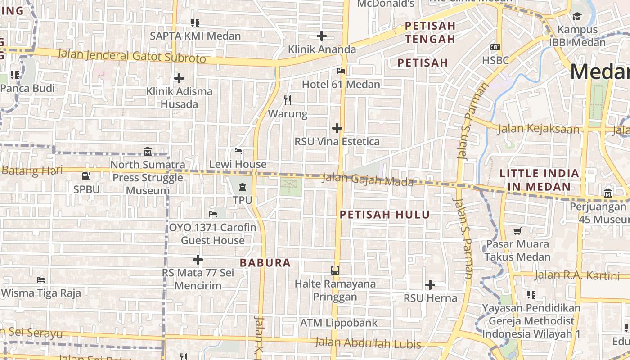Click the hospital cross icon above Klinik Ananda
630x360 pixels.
pos(321,36)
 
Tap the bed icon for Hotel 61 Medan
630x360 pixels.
pos(341,71)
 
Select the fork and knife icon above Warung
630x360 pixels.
pos(288,100)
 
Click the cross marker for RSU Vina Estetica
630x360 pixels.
pos(337,128)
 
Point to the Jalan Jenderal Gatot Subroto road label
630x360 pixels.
pos(132,56)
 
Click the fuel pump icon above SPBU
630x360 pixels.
pos(86,176)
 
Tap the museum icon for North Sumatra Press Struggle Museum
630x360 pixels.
pos(148,151)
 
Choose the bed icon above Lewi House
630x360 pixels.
pos(238,151)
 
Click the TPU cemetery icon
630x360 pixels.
pos(243,187)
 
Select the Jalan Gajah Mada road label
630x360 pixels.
pos(368,180)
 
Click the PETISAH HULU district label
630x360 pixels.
pos(385,215)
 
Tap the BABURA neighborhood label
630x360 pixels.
pos(265,263)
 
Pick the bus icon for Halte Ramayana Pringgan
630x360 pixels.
pos(335,270)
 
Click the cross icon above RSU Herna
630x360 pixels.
pos(430,285)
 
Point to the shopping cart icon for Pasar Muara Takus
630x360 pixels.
pos(517,231)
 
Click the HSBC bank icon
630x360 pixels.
pos(495,47)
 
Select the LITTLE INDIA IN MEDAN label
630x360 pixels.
pos(539,180)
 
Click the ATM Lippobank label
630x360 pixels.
pos(339,323)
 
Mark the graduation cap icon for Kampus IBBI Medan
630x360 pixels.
pos(577,17)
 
